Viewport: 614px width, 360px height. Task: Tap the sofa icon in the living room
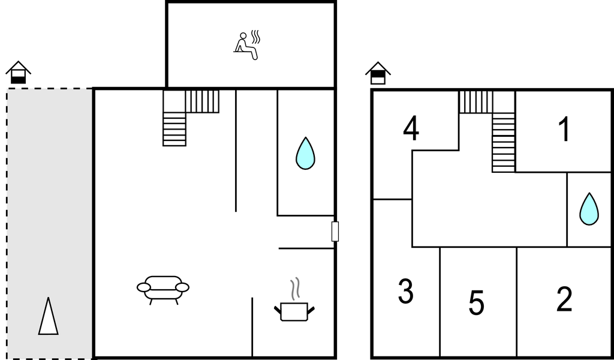[163, 290]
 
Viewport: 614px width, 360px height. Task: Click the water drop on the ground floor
[305, 153]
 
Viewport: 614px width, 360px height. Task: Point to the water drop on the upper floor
[589, 209]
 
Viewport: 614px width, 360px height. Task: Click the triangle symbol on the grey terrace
[48, 317]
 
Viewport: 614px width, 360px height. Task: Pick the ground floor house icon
[18, 73]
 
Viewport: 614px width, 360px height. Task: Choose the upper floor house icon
[378, 73]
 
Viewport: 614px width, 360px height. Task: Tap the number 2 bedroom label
[564, 299]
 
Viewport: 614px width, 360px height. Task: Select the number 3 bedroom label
[406, 291]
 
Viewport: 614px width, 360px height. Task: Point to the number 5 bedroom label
[477, 302]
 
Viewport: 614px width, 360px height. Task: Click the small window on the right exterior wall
[335, 232]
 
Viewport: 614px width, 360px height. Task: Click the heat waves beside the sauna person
[255, 37]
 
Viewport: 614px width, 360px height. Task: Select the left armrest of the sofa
[144, 287]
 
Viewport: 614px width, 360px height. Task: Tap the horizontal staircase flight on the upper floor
[475, 102]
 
